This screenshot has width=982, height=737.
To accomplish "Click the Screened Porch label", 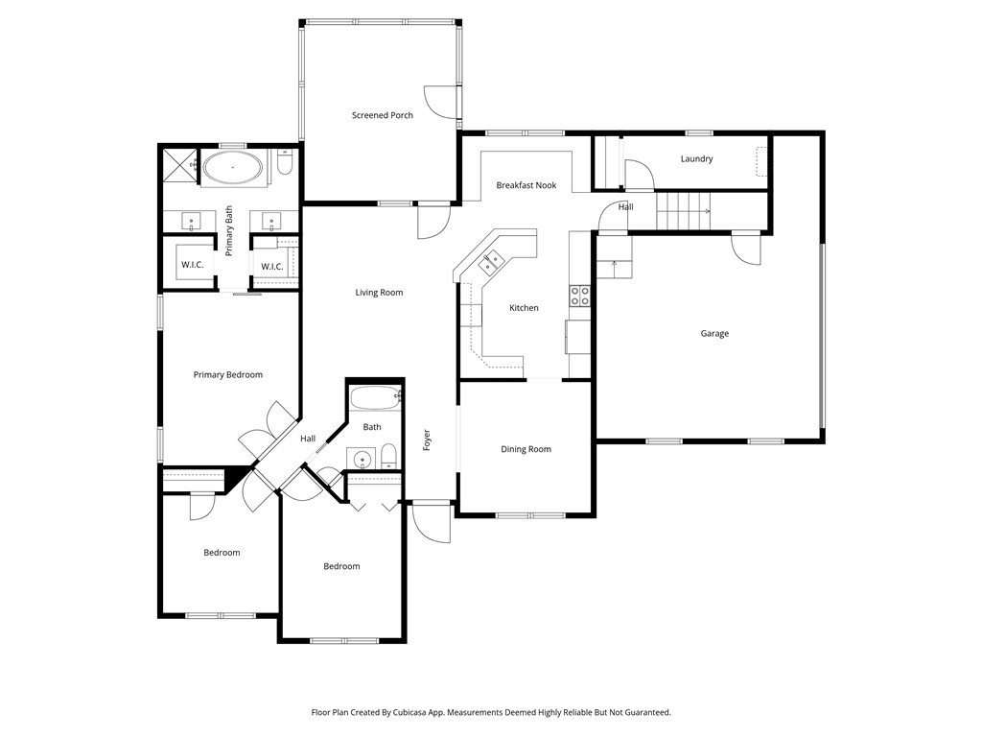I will click(x=382, y=115).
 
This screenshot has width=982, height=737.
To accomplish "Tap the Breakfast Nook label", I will click(x=526, y=185).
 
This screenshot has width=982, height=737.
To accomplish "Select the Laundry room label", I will click(x=696, y=159).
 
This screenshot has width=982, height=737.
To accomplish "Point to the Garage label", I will click(x=713, y=334).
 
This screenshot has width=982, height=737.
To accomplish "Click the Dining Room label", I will click(x=526, y=449).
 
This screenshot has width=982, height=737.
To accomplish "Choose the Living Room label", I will click(x=379, y=293).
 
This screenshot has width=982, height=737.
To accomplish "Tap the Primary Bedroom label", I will click(x=227, y=375).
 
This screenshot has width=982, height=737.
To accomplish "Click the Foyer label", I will click(x=427, y=440).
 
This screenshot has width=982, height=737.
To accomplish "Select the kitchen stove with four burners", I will click(x=580, y=296).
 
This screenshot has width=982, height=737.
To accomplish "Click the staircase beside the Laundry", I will click(x=684, y=209).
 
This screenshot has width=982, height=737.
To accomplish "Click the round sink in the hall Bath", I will click(x=362, y=460).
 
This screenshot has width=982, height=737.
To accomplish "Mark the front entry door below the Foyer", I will click(x=431, y=523).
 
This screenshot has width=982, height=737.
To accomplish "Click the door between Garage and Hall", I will click(x=746, y=249).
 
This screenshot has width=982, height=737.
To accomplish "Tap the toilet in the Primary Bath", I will click(x=284, y=166).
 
